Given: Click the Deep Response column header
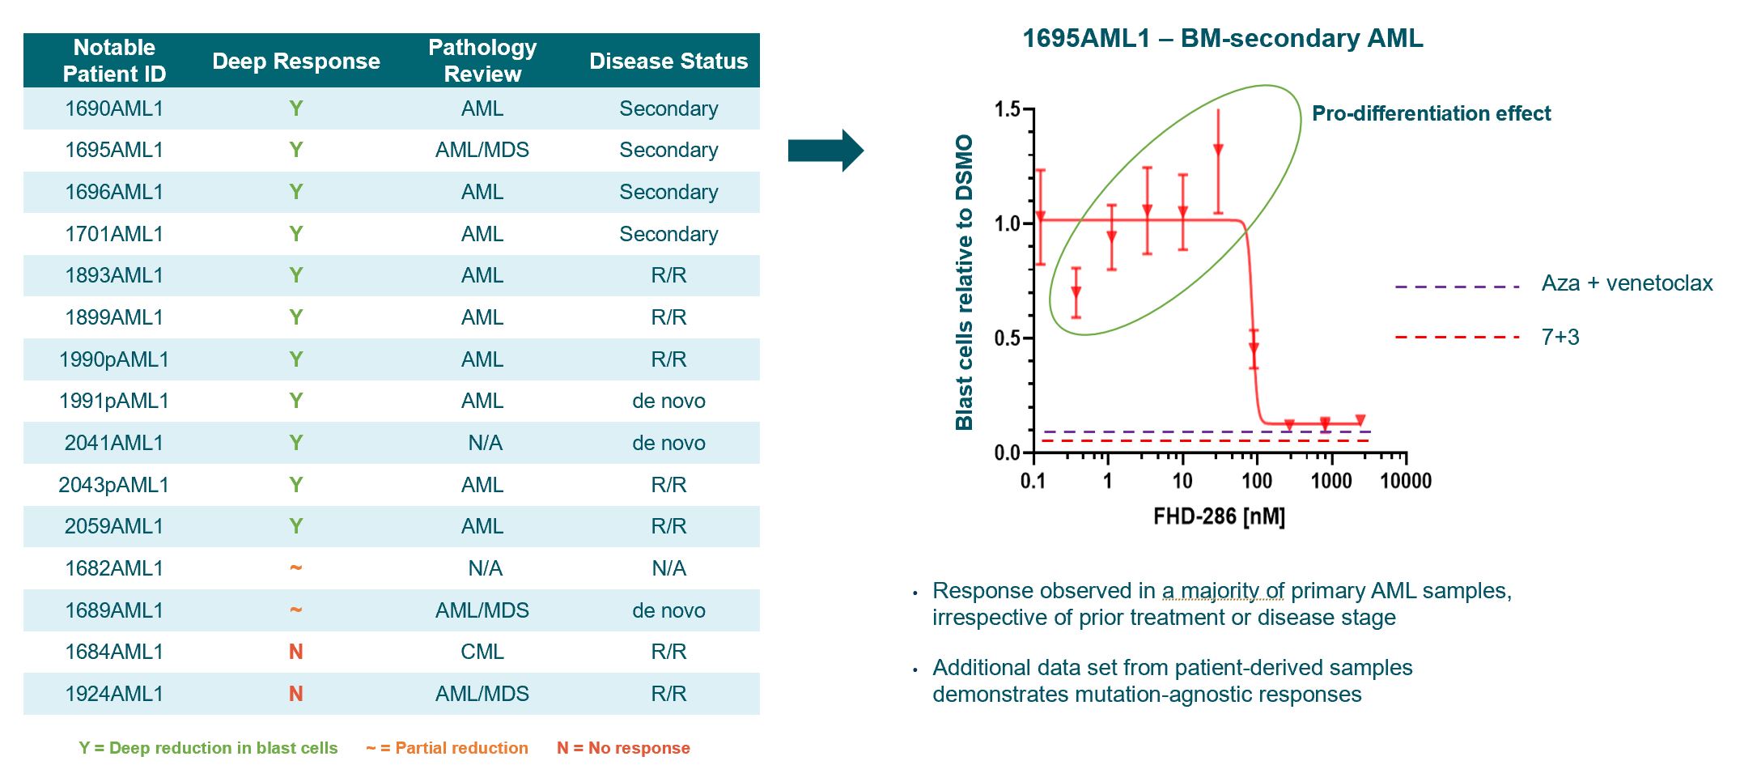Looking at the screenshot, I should [295, 61].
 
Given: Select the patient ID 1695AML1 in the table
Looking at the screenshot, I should [114, 150].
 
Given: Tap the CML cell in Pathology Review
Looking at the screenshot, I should [482, 652].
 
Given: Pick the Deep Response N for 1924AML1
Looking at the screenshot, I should [296, 694].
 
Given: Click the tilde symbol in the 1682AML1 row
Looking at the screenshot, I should [296, 567].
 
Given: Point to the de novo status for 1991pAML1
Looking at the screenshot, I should [668, 401].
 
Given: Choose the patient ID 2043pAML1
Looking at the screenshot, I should [114, 485].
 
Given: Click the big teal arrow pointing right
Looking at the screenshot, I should [825, 151].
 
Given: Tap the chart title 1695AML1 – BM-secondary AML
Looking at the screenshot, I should [1222, 38].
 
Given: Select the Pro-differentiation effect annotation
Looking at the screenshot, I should [1431, 113].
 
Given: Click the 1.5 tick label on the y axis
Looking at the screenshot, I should [1008, 109].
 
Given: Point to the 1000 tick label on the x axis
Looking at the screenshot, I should [1331, 481].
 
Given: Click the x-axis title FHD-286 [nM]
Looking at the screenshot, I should [1219, 516].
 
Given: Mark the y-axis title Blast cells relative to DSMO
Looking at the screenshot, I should [964, 282].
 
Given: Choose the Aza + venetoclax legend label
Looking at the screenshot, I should [1627, 283].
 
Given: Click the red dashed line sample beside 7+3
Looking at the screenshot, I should [1457, 337].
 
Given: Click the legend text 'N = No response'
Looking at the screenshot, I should [623, 748].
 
